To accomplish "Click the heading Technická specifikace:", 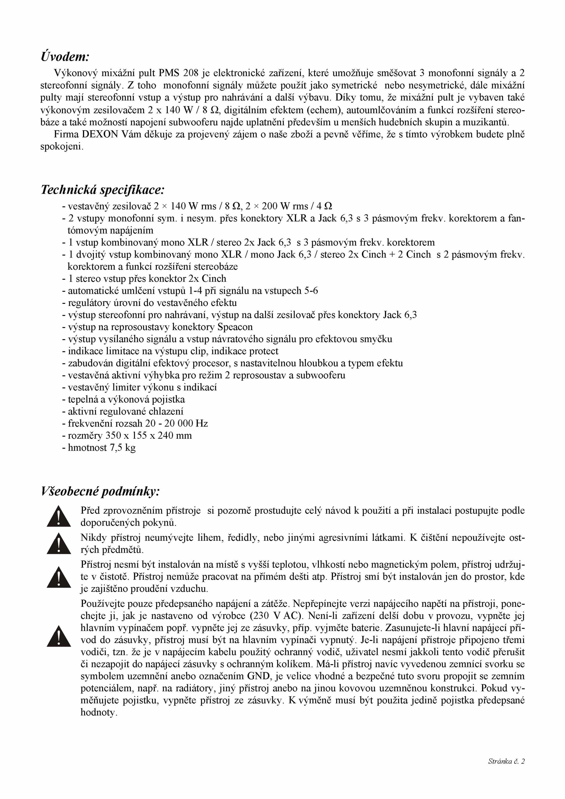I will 102,190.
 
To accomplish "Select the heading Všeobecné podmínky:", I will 100,491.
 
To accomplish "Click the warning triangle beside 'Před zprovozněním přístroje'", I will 59,516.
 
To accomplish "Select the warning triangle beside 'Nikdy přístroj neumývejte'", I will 59,544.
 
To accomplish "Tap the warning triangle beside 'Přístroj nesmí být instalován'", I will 59,577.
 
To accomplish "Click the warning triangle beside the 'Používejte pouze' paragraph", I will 59,636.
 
